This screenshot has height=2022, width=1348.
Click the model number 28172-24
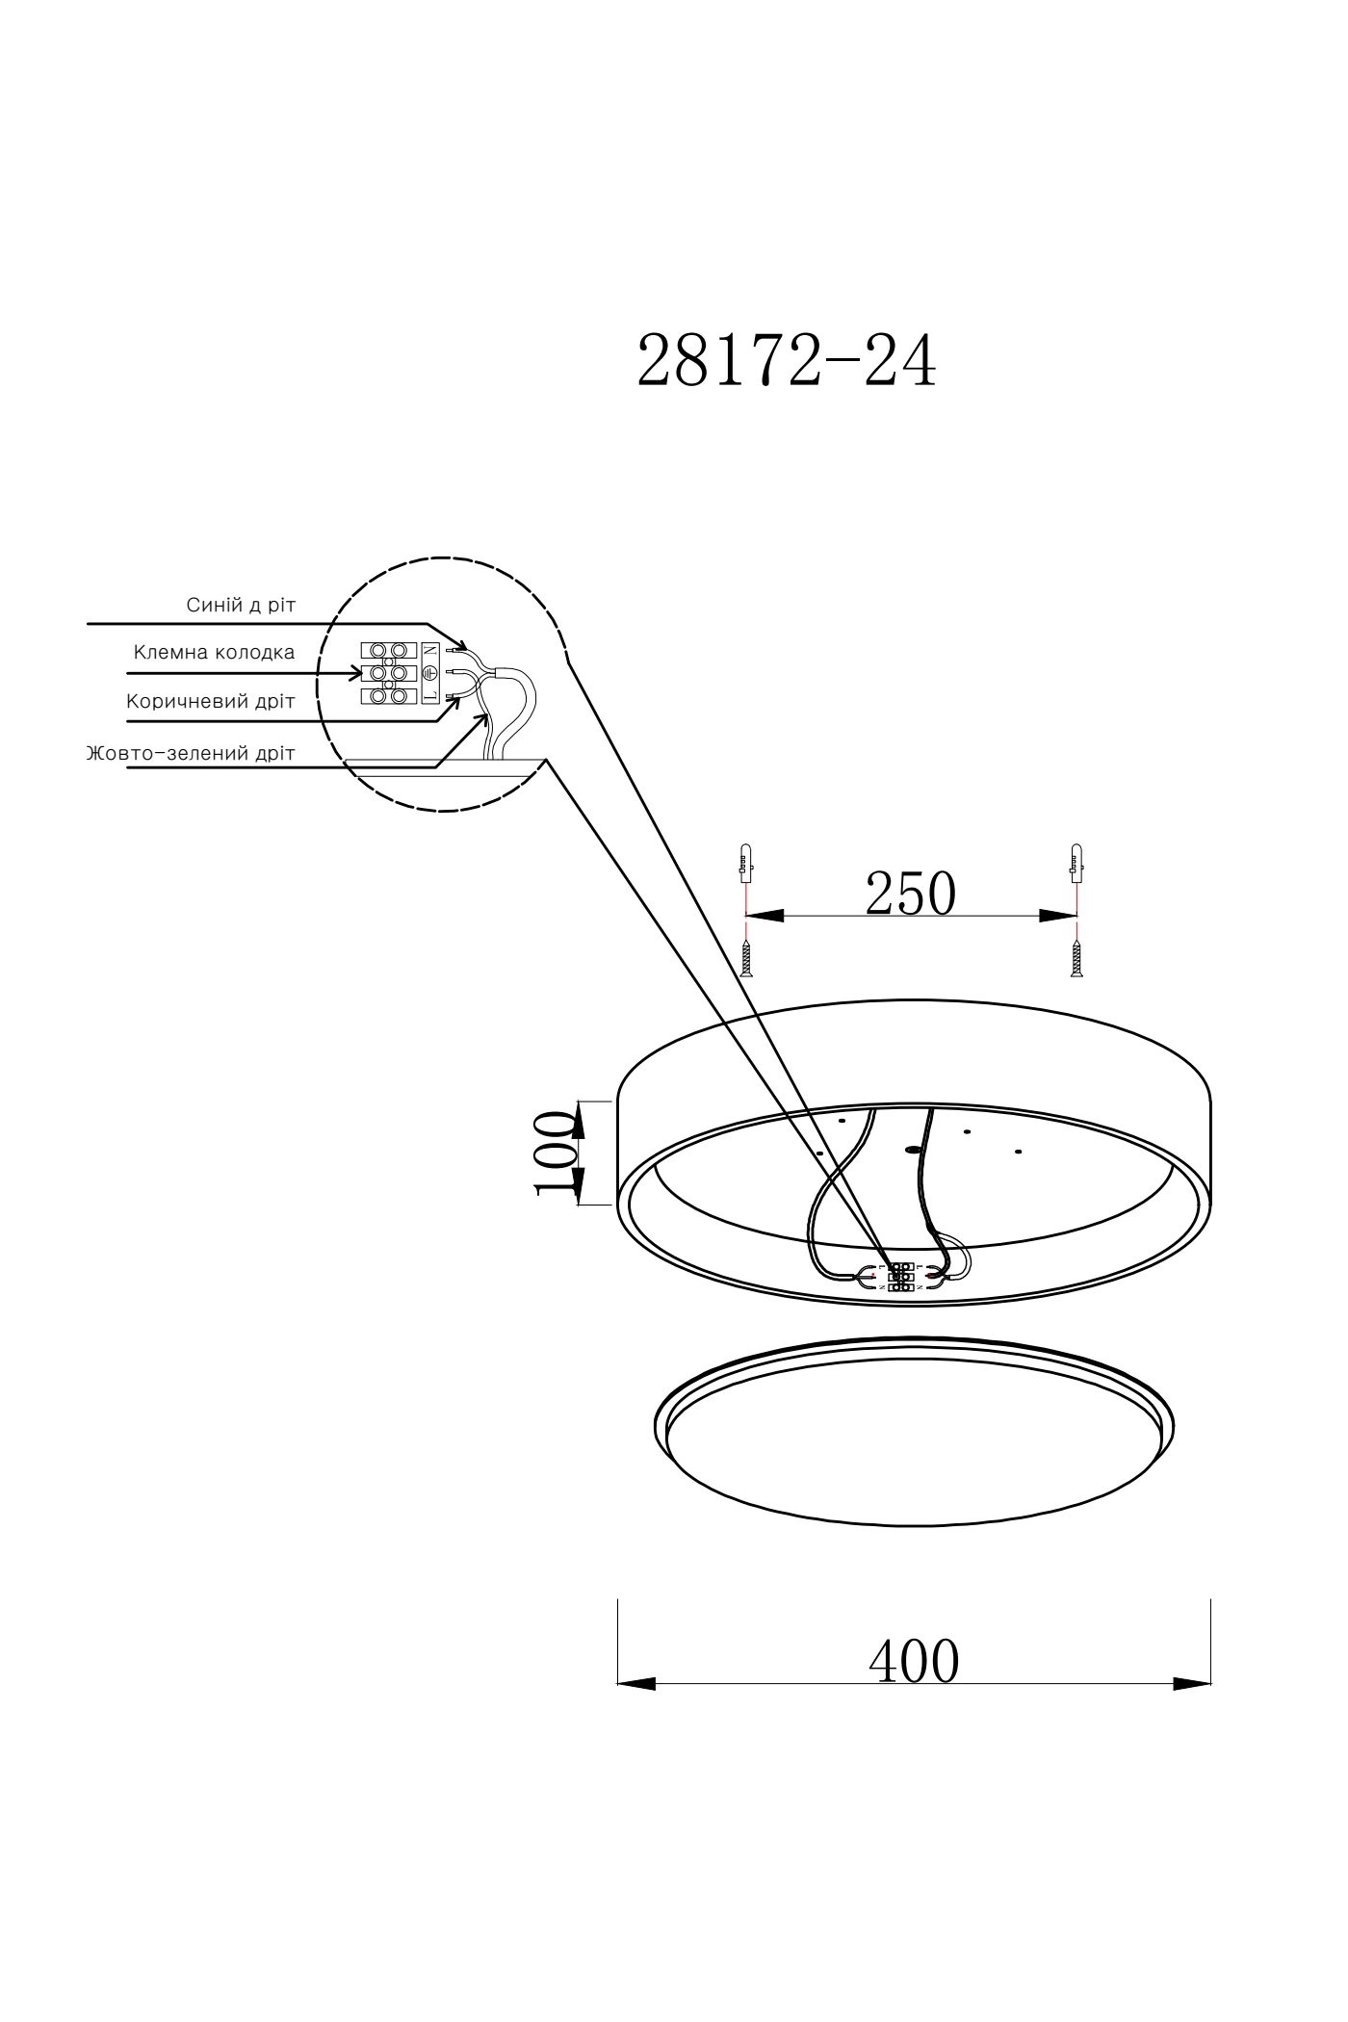787,361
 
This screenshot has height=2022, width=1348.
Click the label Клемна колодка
214,653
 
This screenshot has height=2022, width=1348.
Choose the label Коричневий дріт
210,701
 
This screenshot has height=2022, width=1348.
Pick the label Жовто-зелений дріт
191,753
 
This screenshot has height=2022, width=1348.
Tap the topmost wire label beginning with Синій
241,605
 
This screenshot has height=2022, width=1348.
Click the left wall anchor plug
744,863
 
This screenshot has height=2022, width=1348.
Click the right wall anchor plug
1076,863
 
